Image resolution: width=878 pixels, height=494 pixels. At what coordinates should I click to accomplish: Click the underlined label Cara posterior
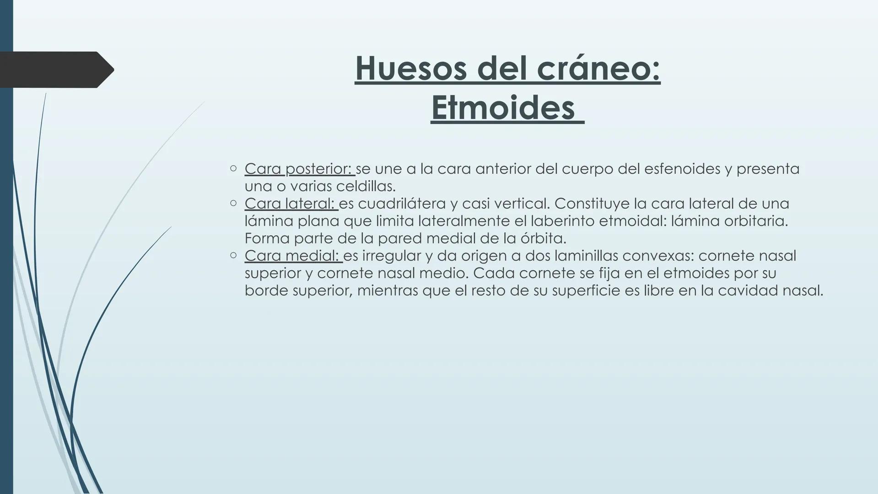coord(299,169)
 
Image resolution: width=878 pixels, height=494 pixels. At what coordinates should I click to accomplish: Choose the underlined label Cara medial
coord(293,256)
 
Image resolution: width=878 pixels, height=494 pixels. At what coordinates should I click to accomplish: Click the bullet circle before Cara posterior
coord(233,168)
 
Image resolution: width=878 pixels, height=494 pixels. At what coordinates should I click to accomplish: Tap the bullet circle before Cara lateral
coord(233,203)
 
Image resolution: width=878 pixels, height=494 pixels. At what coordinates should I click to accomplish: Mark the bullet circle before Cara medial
coord(233,255)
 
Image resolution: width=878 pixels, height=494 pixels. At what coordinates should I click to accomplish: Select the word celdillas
coord(366,186)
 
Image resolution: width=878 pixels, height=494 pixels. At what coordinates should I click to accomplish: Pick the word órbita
coord(543,238)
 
